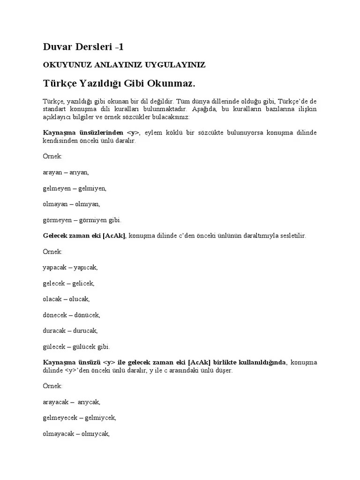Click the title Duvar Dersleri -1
(x=83, y=46)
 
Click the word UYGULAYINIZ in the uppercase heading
(x=177, y=65)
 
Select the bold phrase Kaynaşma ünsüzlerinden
(x=83, y=133)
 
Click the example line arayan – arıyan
(x=66, y=172)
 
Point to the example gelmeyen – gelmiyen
(x=75, y=188)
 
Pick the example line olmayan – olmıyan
(x=71, y=204)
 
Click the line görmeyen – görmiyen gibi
(x=82, y=220)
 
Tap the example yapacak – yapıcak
(x=70, y=267)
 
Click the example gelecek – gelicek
(x=68, y=283)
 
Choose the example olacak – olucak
(x=66, y=299)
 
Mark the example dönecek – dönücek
(x=71, y=315)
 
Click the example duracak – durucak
(x=70, y=331)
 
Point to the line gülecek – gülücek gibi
(x=76, y=347)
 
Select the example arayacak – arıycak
(x=72, y=402)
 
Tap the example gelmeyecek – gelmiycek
(x=79, y=418)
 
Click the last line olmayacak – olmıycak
(x=76, y=434)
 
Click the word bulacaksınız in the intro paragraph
(x=170, y=117)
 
